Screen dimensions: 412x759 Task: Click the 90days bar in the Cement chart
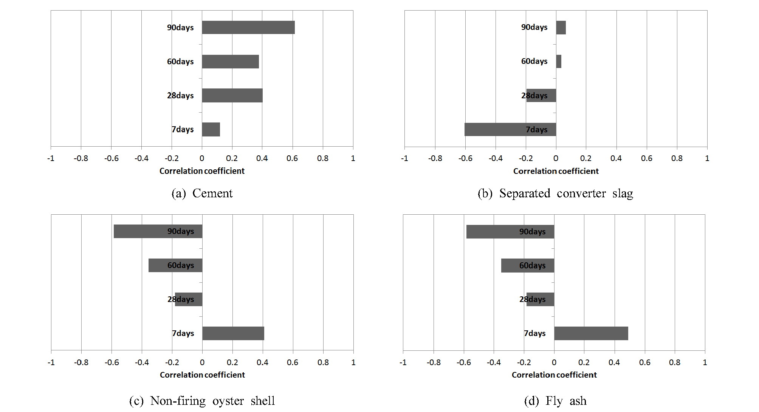coord(248,28)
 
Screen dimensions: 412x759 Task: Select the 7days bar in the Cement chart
coord(211,129)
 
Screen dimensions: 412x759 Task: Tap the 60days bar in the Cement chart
coord(230,62)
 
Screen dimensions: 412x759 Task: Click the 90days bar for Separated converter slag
coord(561,28)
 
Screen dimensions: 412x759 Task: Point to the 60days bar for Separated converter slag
coord(559,61)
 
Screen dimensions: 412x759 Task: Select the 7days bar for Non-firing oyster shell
coord(233,333)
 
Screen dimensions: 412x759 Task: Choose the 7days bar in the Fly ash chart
coord(591,333)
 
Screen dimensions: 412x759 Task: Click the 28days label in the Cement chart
coord(180,96)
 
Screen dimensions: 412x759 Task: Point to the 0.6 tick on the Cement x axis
coord(292,158)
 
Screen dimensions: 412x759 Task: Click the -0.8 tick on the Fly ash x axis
coord(434,362)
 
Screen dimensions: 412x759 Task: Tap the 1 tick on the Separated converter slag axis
coord(707,158)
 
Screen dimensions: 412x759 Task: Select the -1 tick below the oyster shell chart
coord(51,362)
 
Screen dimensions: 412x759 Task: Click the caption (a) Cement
coord(202,194)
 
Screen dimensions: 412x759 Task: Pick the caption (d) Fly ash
coord(555,401)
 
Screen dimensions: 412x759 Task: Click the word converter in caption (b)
coord(581,194)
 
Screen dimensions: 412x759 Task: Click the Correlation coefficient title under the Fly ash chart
coord(554,375)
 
